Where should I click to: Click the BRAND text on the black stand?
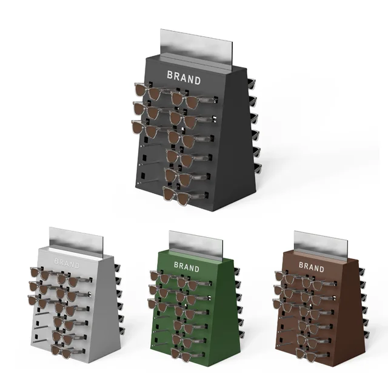pos(184,78)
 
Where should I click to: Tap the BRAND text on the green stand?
pos(187,267)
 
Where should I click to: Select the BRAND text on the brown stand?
pos(312,267)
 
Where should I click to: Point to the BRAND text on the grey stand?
pos(67,263)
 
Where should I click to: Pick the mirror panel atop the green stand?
pos(196,246)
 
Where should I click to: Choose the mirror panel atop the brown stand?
pos(321,246)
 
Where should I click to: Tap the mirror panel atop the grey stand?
pos(76,242)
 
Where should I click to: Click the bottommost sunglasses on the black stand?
pos(184,195)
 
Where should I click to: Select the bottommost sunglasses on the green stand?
pos(187,355)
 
